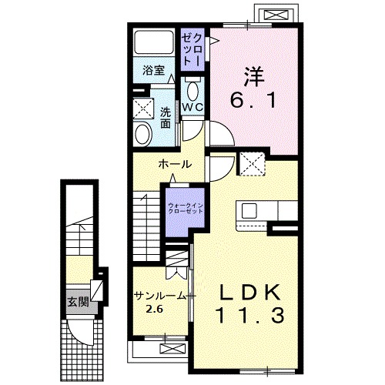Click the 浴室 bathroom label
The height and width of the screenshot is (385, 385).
coord(154,70)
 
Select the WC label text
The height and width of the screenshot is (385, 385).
coord(192,107)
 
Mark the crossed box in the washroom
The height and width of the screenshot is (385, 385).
coord(142,107)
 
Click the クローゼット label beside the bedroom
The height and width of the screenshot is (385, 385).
coord(192,49)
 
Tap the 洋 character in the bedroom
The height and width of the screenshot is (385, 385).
coord(256,76)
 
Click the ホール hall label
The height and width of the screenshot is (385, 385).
coord(175,165)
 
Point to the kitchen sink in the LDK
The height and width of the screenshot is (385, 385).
coord(249,209)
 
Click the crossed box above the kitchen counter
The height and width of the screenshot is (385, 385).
coord(252,163)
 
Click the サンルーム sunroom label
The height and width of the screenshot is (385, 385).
coord(159,296)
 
